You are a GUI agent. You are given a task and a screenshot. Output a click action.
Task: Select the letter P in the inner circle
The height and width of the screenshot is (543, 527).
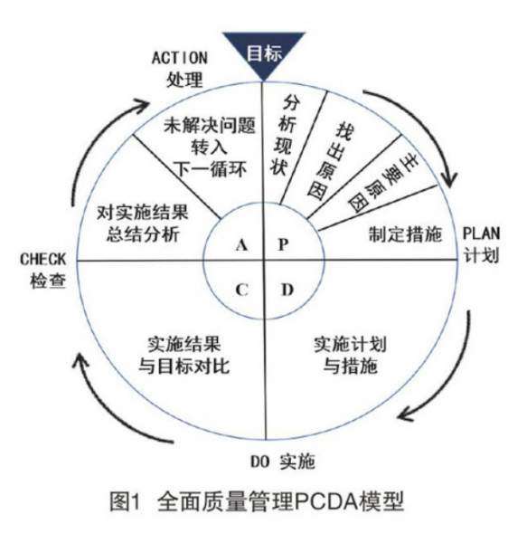pos(282,245)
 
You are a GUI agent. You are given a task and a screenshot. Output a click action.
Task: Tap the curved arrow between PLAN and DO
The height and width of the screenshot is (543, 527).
pos(445,371)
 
